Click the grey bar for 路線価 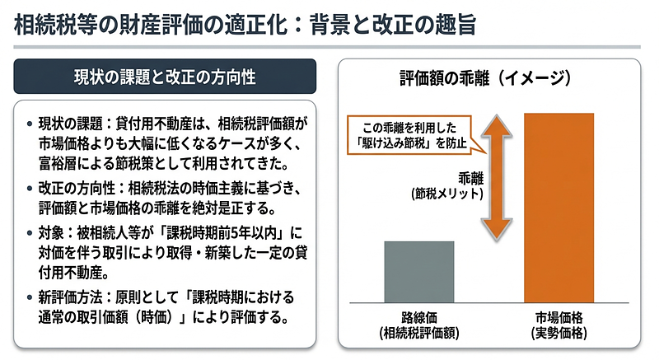point(419,272)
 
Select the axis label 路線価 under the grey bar point(419,319)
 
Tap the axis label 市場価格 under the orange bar point(559,319)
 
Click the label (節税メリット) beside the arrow point(446,194)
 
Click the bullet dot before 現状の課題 point(30,124)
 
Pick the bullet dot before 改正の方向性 point(30,186)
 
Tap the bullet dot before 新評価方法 point(30,297)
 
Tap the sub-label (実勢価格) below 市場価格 point(559,334)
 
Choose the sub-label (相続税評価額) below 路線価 point(419,334)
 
